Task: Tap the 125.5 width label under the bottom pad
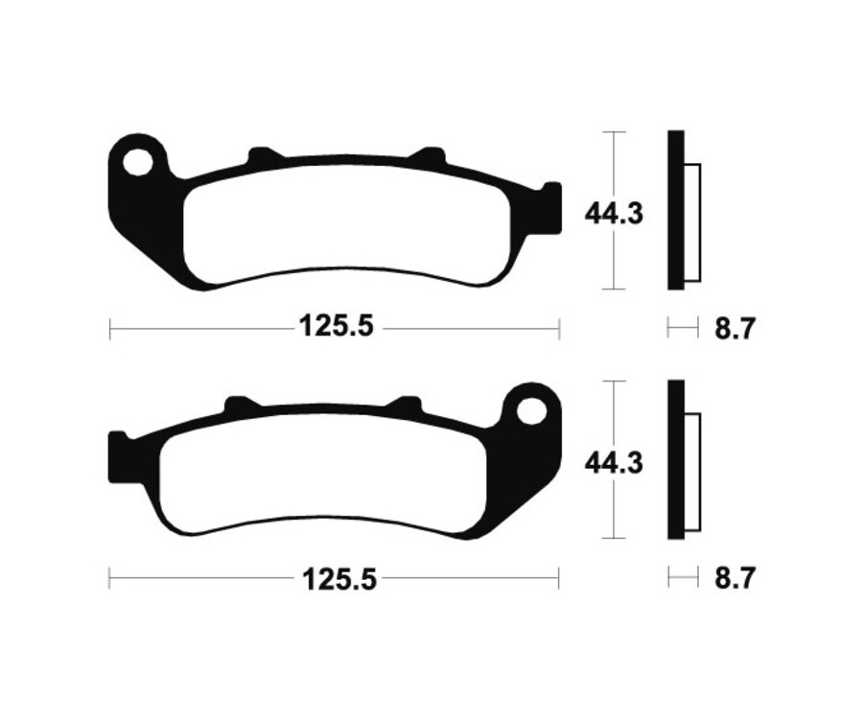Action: [x=335, y=579]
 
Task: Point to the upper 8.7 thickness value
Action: [x=735, y=330]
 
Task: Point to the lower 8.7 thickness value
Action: [x=735, y=579]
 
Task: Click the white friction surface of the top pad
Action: [x=345, y=225]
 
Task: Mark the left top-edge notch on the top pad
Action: [x=263, y=154]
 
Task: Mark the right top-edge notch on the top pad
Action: [x=428, y=154]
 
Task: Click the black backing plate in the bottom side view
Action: [x=675, y=460]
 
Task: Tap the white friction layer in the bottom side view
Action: [x=692, y=474]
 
